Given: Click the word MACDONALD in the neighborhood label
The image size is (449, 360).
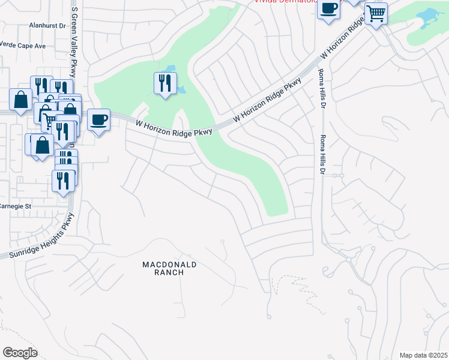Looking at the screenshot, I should click(x=169, y=264).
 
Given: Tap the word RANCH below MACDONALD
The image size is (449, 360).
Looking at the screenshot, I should click(x=169, y=272).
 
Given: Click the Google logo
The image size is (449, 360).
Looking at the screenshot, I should click(x=20, y=353).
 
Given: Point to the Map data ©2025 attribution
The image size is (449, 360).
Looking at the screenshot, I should click(x=423, y=355).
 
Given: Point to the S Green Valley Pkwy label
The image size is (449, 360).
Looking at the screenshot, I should click(x=74, y=42).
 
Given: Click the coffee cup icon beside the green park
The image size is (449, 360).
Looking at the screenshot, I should click(x=98, y=119).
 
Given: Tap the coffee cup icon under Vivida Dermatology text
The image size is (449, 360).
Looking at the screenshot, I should click(x=328, y=10).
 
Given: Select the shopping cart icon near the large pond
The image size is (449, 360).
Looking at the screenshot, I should click(x=376, y=13).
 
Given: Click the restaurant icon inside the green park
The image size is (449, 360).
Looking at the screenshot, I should click(x=165, y=83).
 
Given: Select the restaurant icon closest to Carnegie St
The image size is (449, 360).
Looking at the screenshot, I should click(x=63, y=181).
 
